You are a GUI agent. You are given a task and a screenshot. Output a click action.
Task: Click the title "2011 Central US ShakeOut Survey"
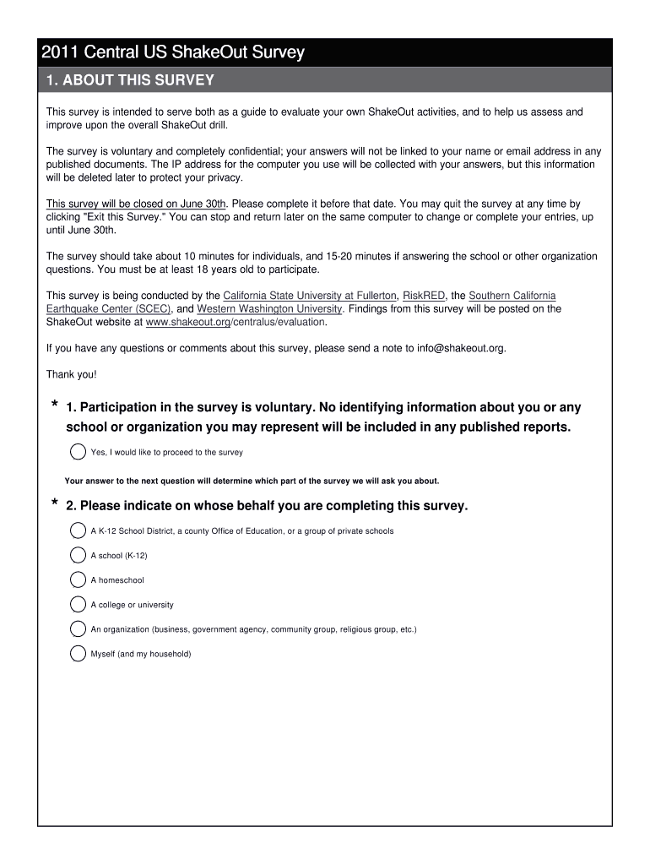[x=172, y=53]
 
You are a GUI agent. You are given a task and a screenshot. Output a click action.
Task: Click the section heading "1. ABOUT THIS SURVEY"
[x=130, y=80]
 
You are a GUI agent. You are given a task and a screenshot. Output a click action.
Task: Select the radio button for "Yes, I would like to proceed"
[x=78, y=452]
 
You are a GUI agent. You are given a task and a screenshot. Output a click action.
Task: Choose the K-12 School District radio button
[x=78, y=530]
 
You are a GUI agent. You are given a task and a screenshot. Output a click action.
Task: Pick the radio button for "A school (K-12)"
[x=78, y=555]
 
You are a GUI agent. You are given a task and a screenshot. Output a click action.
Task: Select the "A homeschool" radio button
[x=78, y=579]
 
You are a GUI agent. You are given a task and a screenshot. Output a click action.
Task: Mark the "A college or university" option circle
[x=78, y=604]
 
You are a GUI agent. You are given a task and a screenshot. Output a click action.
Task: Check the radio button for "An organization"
[x=78, y=628]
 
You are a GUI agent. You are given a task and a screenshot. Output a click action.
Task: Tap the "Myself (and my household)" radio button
[x=78, y=653]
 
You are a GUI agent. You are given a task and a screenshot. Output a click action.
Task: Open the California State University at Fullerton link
[x=309, y=296]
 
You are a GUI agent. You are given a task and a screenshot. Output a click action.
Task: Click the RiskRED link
[x=424, y=296]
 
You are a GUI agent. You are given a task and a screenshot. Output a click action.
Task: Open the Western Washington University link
[x=269, y=309]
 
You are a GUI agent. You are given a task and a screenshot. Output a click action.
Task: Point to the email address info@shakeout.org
[x=460, y=348]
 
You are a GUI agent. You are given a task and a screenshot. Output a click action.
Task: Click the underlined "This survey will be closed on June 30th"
[x=136, y=204]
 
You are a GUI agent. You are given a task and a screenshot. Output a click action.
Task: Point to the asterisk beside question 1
[x=55, y=407]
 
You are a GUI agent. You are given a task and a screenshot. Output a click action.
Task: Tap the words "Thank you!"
[x=71, y=374]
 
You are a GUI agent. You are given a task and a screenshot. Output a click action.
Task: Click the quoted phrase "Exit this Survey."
[x=124, y=217]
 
